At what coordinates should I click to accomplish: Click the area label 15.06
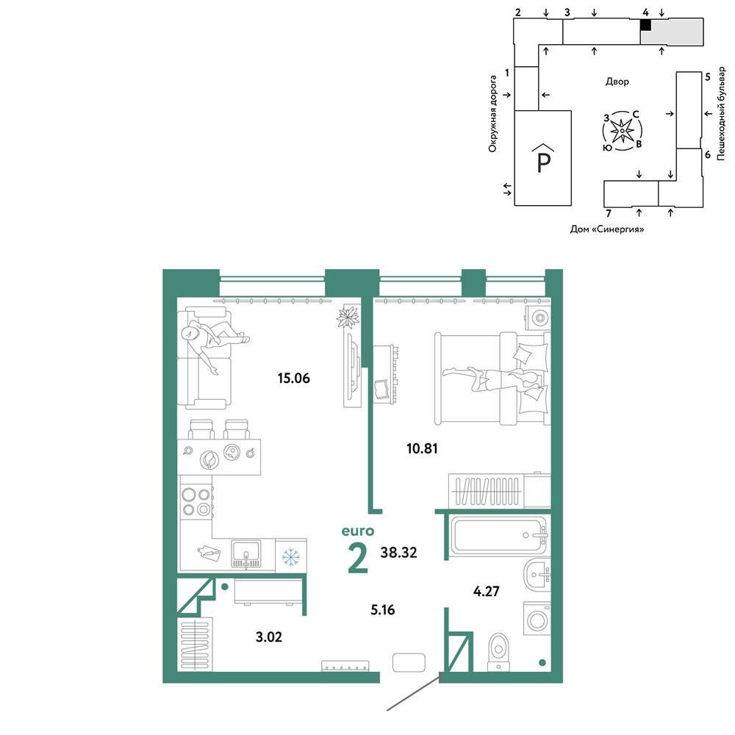point(293,378)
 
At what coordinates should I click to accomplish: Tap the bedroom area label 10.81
point(422,448)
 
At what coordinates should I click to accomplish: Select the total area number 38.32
point(398,552)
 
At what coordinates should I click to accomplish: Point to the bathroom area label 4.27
point(486,591)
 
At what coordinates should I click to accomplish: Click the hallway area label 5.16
point(382,610)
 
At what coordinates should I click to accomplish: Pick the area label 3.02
point(268,637)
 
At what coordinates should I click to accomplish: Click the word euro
point(358,531)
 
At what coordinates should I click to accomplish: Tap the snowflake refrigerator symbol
point(291,557)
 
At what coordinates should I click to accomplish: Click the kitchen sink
point(246,554)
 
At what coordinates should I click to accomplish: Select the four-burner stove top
point(196,502)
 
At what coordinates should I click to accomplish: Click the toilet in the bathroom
point(498,652)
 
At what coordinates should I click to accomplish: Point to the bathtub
point(498,535)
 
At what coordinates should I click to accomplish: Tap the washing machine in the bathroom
point(537,619)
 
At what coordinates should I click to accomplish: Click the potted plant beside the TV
point(348,318)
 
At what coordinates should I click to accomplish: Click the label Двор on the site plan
point(617,82)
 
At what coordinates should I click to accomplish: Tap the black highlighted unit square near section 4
point(645,25)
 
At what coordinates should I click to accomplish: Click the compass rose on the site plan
point(622,131)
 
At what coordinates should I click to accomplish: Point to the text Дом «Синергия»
point(607,229)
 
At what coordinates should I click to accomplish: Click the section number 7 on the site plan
point(609,213)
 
